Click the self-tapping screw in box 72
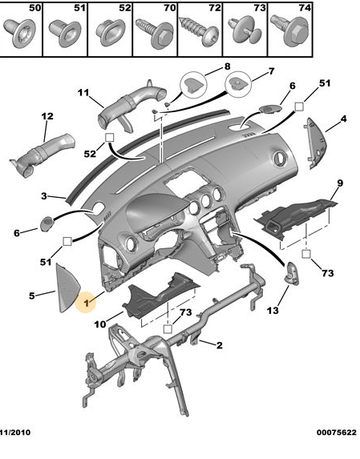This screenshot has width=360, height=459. tap(200, 30)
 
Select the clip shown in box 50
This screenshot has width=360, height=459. tap(20, 33)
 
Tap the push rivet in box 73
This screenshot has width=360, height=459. tap(245, 30)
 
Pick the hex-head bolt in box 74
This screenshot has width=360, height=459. tap(289, 30)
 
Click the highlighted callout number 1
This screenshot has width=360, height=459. tap(86, 303)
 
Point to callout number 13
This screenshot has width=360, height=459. tap(273, 310)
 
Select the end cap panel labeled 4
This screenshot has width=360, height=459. tap(315, 143)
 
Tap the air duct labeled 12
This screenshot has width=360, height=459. tap(43, 155)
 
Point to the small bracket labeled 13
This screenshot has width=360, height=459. tap(292, 273)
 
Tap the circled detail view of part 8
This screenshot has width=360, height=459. tap(193, 84)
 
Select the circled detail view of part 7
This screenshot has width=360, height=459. tap(238, 84)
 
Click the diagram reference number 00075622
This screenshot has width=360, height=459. tap(337, 433)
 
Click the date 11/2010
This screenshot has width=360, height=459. tap(15, 433)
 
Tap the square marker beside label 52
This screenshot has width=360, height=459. tap(109, 137)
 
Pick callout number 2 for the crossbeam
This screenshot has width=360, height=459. tap(220, 345)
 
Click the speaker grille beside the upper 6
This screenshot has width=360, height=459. tap(270, 109)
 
